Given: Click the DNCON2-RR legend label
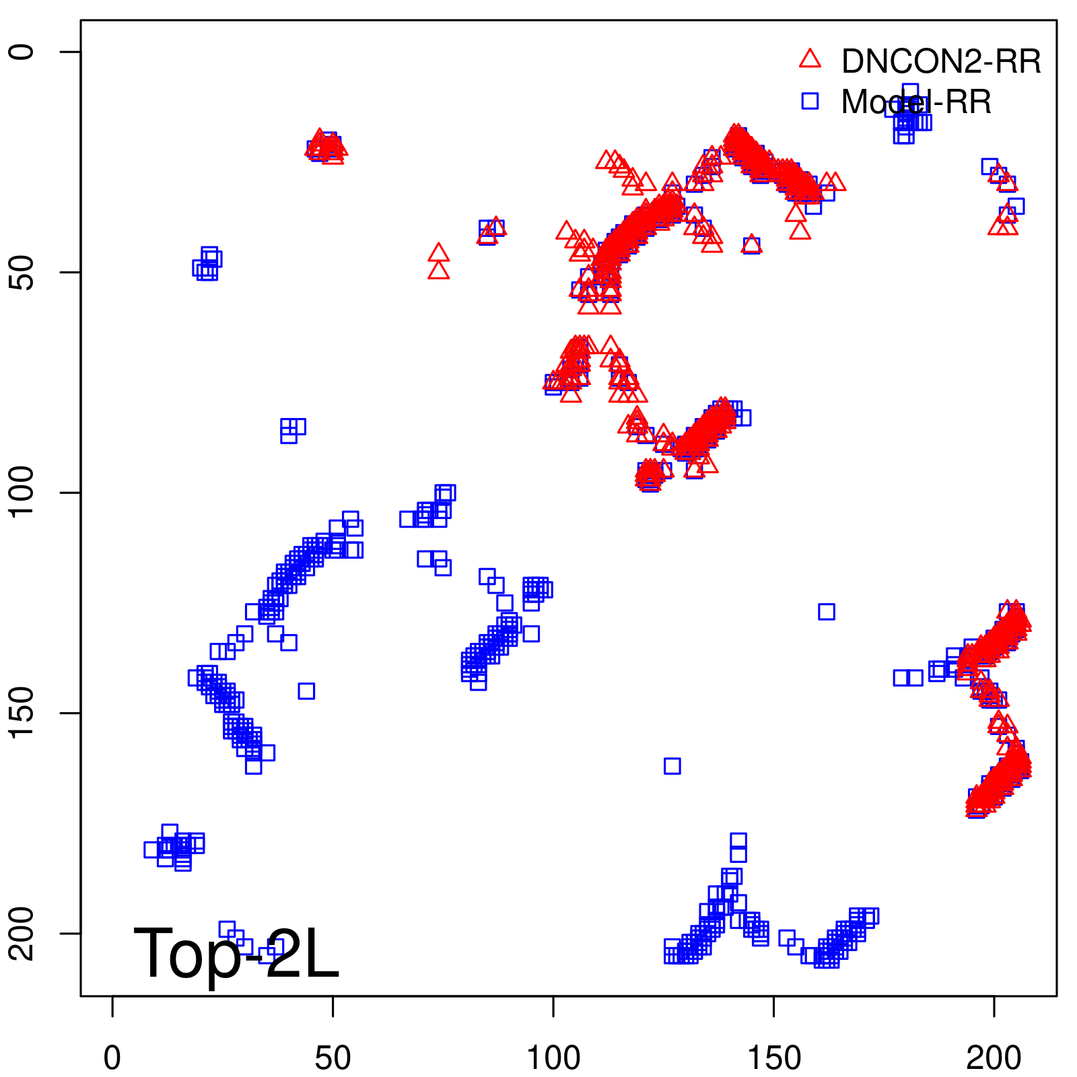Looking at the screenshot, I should coord(940,62).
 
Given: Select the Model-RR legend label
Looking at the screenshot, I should coord(916,102).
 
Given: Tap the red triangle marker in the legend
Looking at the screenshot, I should coord(810,59).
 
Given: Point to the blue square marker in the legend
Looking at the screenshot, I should coord(810,101).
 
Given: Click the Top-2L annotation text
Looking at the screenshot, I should coord(236,953).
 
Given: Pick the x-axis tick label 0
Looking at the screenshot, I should coord(112,1058).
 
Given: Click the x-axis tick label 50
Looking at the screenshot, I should coord(333,1058).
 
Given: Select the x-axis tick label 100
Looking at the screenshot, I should coord(553,1058).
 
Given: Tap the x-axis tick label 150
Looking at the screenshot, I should coord(774,1058).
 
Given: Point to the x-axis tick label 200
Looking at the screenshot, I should coord(994,1058).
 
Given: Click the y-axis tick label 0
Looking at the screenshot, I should coord(22,52).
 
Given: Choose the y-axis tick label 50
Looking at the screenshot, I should coord(22,272).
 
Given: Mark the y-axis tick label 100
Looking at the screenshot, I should coord(22,493).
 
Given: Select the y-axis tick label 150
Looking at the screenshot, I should coord(22,713).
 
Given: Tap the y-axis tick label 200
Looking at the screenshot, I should coord(22,934).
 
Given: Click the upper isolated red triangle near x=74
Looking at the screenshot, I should coord(438,253).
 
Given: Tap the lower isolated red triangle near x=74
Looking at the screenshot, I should coord(438,271).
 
